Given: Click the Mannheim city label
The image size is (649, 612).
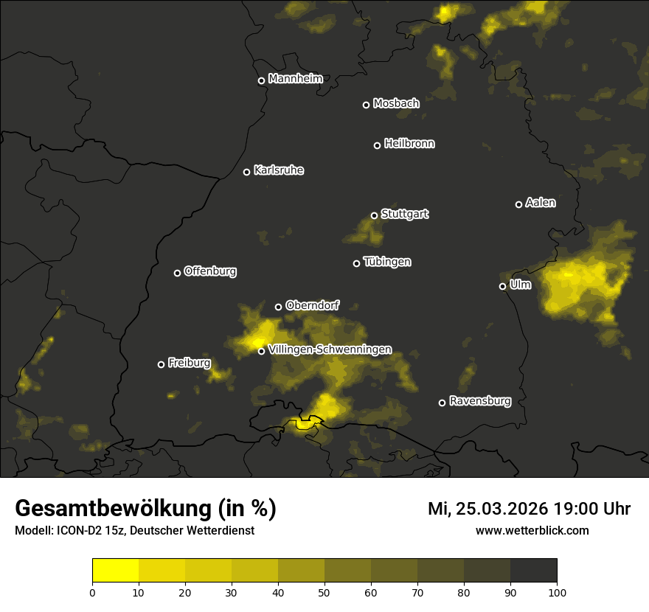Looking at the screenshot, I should click(296, 79).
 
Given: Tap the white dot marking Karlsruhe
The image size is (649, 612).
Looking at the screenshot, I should click(247, 173).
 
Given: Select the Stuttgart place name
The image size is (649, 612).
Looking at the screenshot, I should click(405, 215).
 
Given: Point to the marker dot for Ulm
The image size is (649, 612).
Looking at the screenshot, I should click(503, 286).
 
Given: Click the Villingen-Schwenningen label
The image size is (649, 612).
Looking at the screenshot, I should click(330, 350).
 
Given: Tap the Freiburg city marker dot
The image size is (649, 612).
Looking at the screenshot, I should click(162, 364).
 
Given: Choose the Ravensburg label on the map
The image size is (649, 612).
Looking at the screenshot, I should click(480, 402).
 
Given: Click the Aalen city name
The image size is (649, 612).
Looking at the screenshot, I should click(541, 203).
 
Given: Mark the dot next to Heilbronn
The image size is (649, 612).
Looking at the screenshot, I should click(377, 146).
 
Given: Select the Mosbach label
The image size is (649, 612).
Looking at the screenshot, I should click(396, 104).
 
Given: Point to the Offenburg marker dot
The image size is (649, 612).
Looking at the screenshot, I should click(177, 273).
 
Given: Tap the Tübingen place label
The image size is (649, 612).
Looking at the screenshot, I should click(387, 262).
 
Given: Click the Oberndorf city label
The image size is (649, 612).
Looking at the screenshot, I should click(312, 305).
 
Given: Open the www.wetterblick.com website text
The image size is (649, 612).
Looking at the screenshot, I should click(532, 530).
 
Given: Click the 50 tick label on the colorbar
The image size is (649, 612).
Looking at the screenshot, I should click(324, 591).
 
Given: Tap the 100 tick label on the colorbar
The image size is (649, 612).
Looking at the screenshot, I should click(557, 591).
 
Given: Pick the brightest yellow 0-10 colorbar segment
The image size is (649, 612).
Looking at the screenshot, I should click(116, 570).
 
